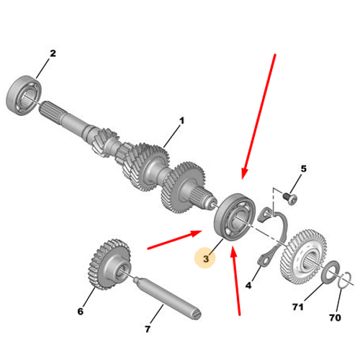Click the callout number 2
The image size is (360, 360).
(x=53, y=53)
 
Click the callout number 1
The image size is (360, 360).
(x=182, y=120)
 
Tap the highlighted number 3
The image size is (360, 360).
(x=206, y=258)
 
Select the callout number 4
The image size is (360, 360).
(x=248, y=285)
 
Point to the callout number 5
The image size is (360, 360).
(x=304, y=168)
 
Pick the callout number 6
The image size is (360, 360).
(x=81, y=311)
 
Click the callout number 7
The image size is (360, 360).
(x=148, y=329)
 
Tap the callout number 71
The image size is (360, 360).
(x=298, y=307)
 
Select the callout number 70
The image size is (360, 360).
(x=335, y=318)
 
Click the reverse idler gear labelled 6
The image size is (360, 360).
(x=109, y=264)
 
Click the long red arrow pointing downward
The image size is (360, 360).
(x=258, y=117)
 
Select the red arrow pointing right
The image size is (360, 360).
(x=174, y=240)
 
